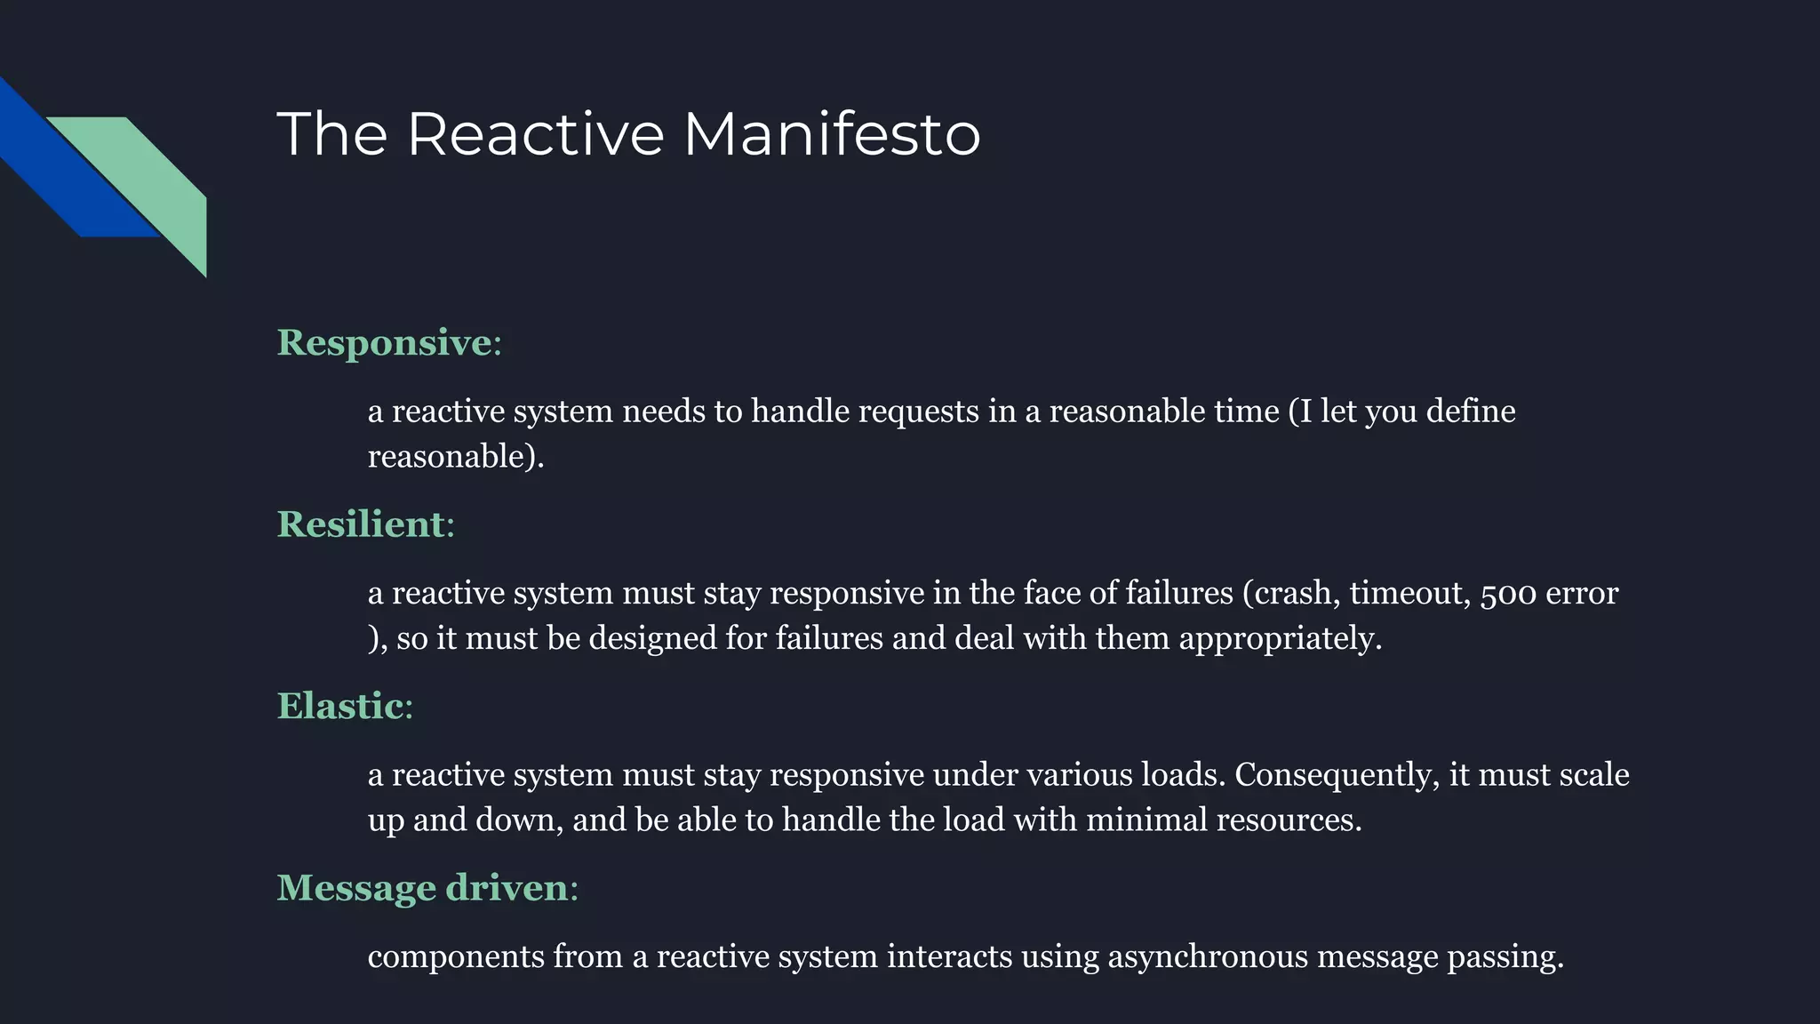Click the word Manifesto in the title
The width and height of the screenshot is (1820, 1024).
tap(831, 134)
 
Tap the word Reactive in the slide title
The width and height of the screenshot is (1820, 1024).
tap(535, 134)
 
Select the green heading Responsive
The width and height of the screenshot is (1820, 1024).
tap(384, 343)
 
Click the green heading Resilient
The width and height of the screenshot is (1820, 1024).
tap(361, 524)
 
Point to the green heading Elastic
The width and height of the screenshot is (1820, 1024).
tap(340, 707)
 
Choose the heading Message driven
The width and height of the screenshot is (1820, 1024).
tap(422, 888)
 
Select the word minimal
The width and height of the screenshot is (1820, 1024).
tap(1146, 820)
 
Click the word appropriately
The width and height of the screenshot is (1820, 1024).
tap(1280, 639)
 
